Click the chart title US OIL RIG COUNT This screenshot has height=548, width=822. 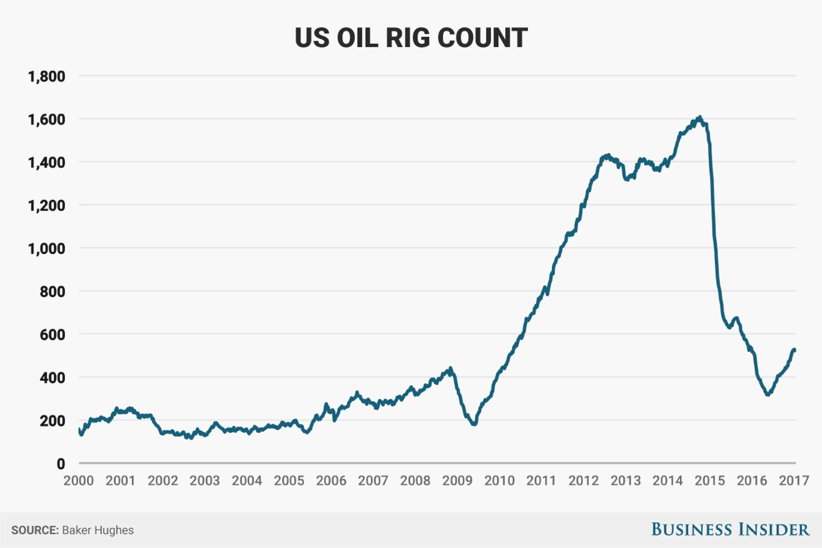(x=411, y=38)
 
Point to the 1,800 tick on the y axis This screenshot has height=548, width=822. (x=47, y=76)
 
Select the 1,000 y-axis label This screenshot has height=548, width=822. (x=47, y=249)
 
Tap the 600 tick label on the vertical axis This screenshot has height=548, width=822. (x=53, y=335)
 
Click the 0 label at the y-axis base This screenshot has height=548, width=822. (x=61, y=464)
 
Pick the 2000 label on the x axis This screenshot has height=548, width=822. (x=79, y=481)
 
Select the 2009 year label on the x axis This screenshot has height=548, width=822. (x=457, y=481)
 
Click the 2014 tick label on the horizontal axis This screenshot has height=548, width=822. (x=668, y=481)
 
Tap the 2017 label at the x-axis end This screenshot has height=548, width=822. (x=794, y=481)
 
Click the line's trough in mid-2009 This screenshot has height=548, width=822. (x=474, y=424)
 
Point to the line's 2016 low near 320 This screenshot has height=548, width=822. (x=767, y=394)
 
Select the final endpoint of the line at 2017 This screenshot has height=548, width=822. (x=795, y=350)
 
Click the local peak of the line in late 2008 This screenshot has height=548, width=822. (x=450, y=368)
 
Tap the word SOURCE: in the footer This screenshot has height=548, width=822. (x=35, y=530)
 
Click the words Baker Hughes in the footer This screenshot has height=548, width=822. (x=98, y=530)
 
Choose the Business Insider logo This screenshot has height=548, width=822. (x=730, y=529)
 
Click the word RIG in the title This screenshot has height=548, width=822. (x=408, y=38)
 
